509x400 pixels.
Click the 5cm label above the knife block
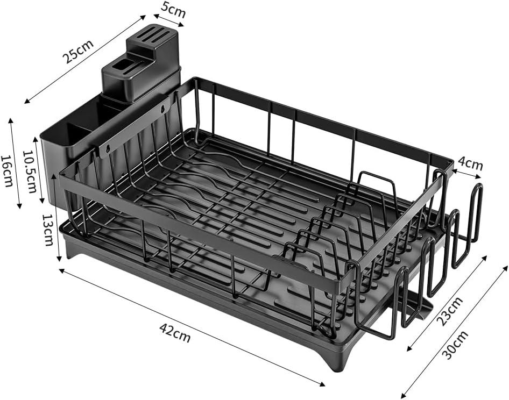point(173,9)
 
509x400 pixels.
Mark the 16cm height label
point(7,171)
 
